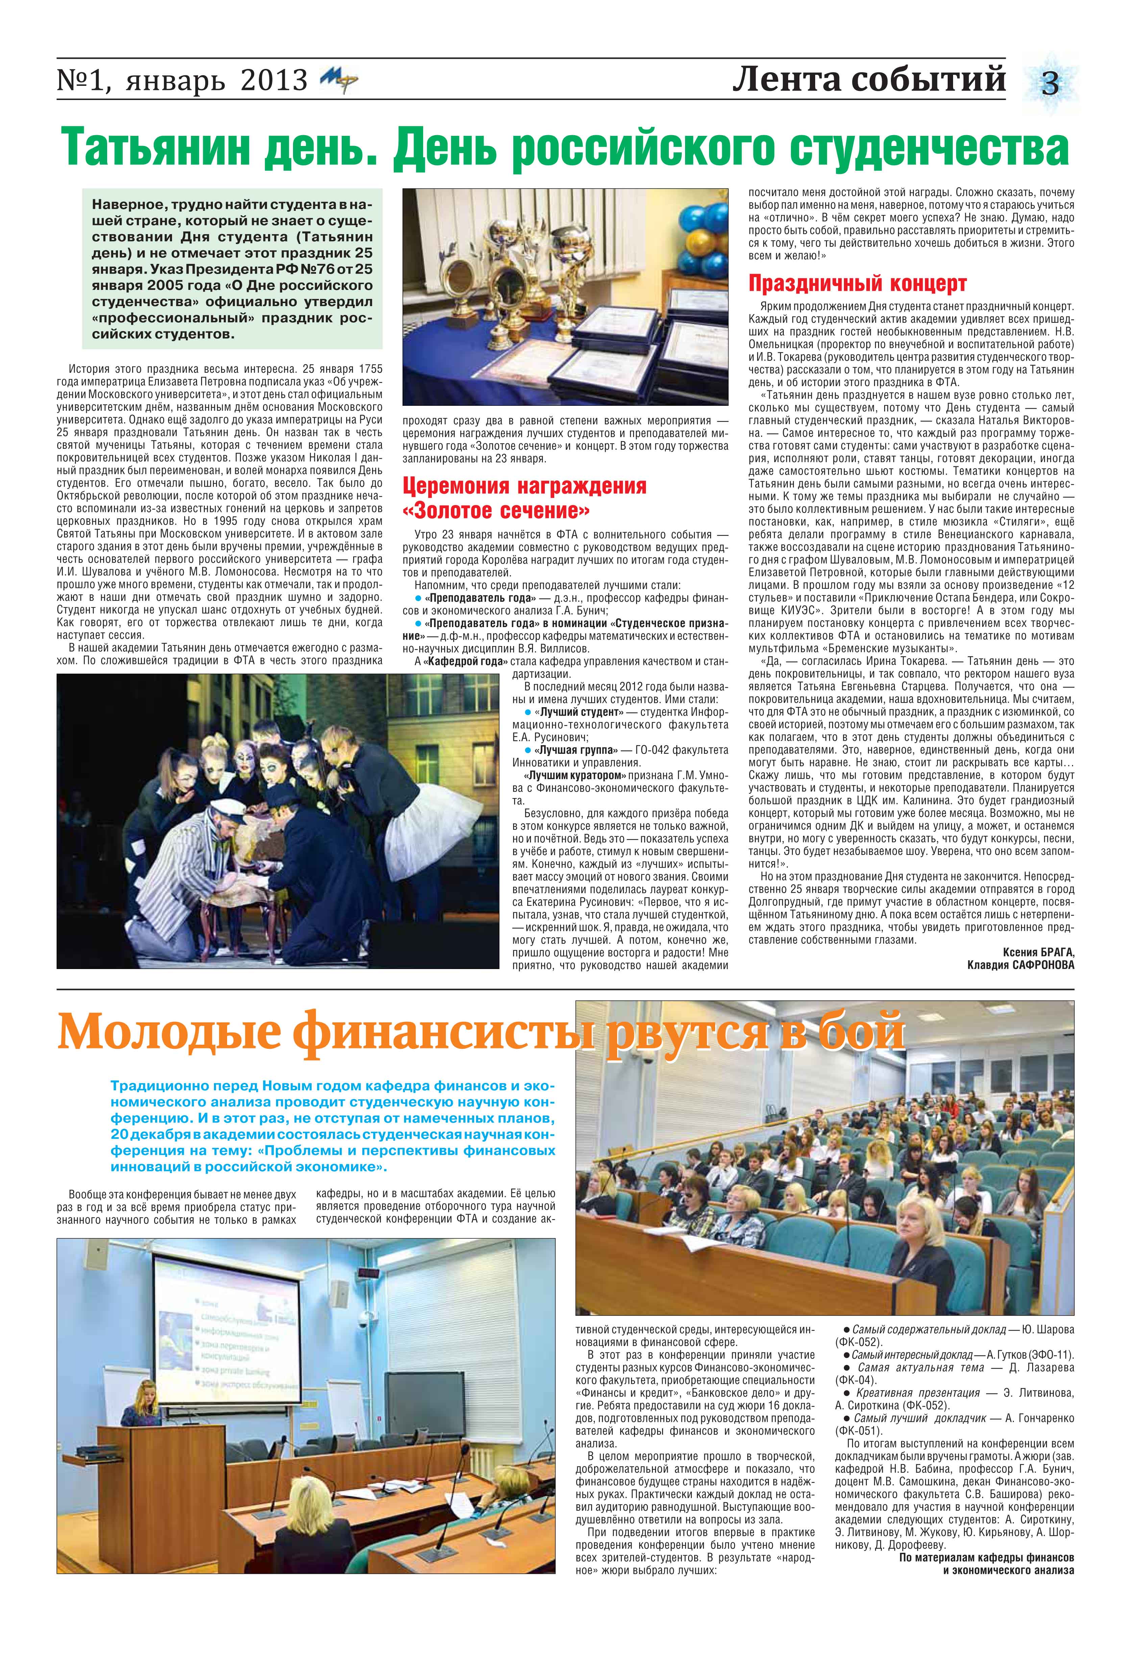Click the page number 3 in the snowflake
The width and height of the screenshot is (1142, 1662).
point(1050,85)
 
